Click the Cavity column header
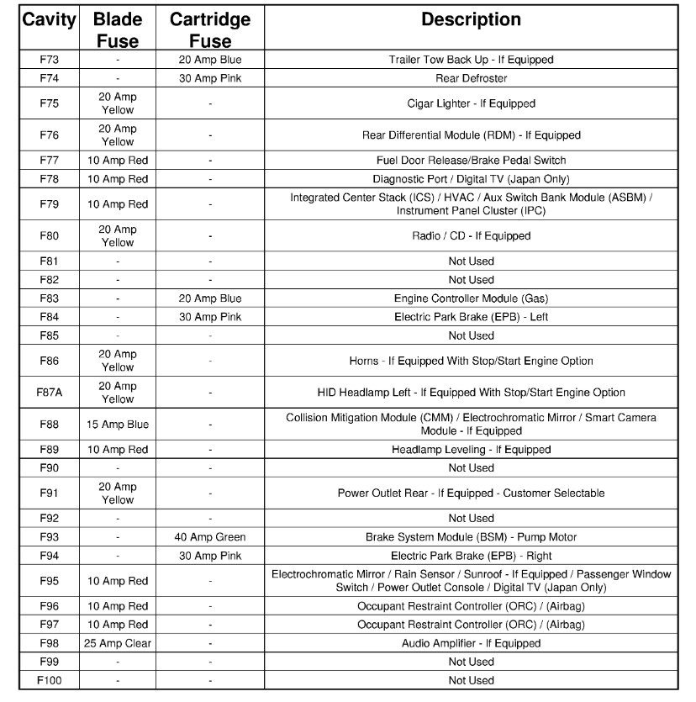tap(49, 19)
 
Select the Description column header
tap(471, 19)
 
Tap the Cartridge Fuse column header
tap(210, 29)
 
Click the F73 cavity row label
tap(49, 60)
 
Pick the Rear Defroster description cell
tap(471, 78)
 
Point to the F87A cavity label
tap(49, 393)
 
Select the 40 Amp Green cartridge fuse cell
tap(210, 537)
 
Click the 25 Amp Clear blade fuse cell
tap(118, 643)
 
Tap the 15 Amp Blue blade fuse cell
tap(118, 425)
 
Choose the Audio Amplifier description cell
tap(471, 643)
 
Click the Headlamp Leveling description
tap(471, 450)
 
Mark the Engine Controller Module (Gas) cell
tap(471, 298)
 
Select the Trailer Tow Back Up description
tap(471, 60)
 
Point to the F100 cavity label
tap(49, 680)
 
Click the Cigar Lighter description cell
tap(471, 103)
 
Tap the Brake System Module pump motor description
tap(471, 537)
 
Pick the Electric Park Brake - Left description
tap(471, 317)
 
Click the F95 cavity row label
tap(49, 581)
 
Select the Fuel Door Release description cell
tap(471, 161)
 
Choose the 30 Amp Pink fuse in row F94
tap(210, 556)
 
